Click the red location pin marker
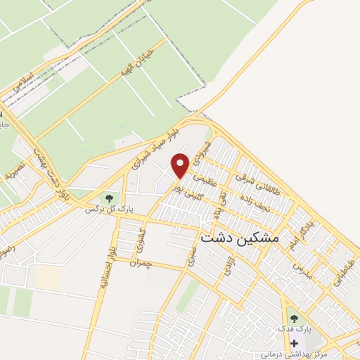[x=181, y=165]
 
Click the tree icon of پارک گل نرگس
[x=108, y=198]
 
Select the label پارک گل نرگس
[x=109, y=210]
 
